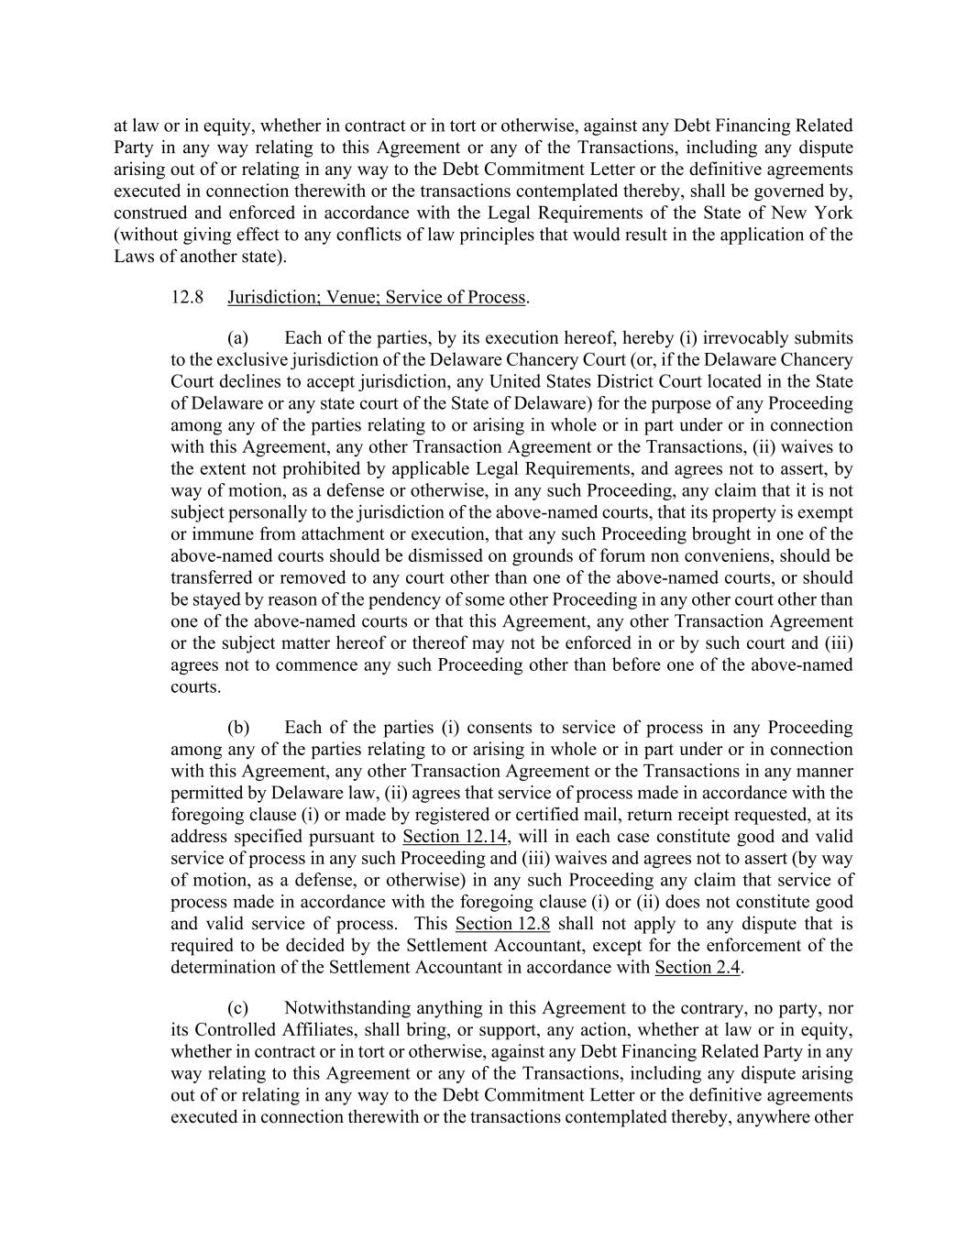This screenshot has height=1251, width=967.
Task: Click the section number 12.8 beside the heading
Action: coord(187,297)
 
